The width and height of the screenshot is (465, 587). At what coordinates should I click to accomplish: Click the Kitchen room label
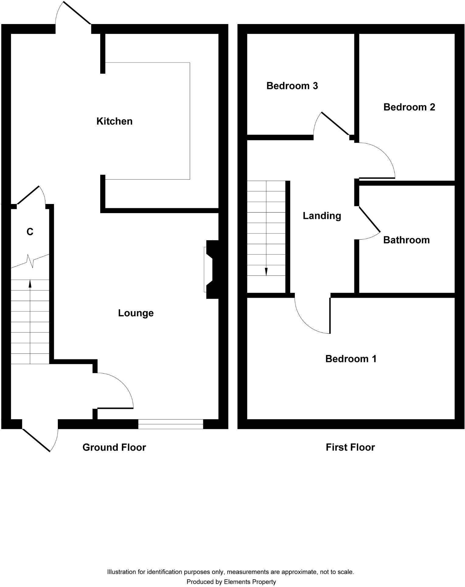[x=114, y=121]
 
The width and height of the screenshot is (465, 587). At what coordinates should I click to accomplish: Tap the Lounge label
[x=136, y=313]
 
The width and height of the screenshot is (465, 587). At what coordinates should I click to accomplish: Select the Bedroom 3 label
[x=292, y=86]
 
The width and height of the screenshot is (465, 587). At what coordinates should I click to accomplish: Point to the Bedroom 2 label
[x=409, y=107]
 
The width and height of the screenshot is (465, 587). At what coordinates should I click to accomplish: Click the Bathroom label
[x=406, y=240]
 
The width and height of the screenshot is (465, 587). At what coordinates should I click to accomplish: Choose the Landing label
[x=322, y=216]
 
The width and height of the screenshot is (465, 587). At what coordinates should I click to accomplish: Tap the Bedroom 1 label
[x=351, y=359]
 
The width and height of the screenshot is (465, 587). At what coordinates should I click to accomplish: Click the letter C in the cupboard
[x=30, y=232]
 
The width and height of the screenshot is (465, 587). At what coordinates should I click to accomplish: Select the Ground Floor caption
[x=114, y=447]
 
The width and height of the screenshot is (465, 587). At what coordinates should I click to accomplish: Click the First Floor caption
[x=350, y=447]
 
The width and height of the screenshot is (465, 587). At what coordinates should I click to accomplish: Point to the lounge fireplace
[x=212, y=269]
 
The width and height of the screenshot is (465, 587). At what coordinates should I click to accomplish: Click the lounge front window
[x=170, y=424]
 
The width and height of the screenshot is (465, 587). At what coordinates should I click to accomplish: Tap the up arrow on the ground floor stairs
[x=30, y=283]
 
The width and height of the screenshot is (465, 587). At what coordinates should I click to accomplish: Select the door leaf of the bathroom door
[x=370, y=219]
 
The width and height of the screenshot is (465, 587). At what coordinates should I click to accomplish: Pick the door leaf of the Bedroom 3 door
[x=335, y=124]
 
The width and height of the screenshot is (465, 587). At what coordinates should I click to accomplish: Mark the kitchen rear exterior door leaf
[x=77, y=13]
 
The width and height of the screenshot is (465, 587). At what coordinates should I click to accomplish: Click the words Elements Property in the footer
[x=250, y=582]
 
